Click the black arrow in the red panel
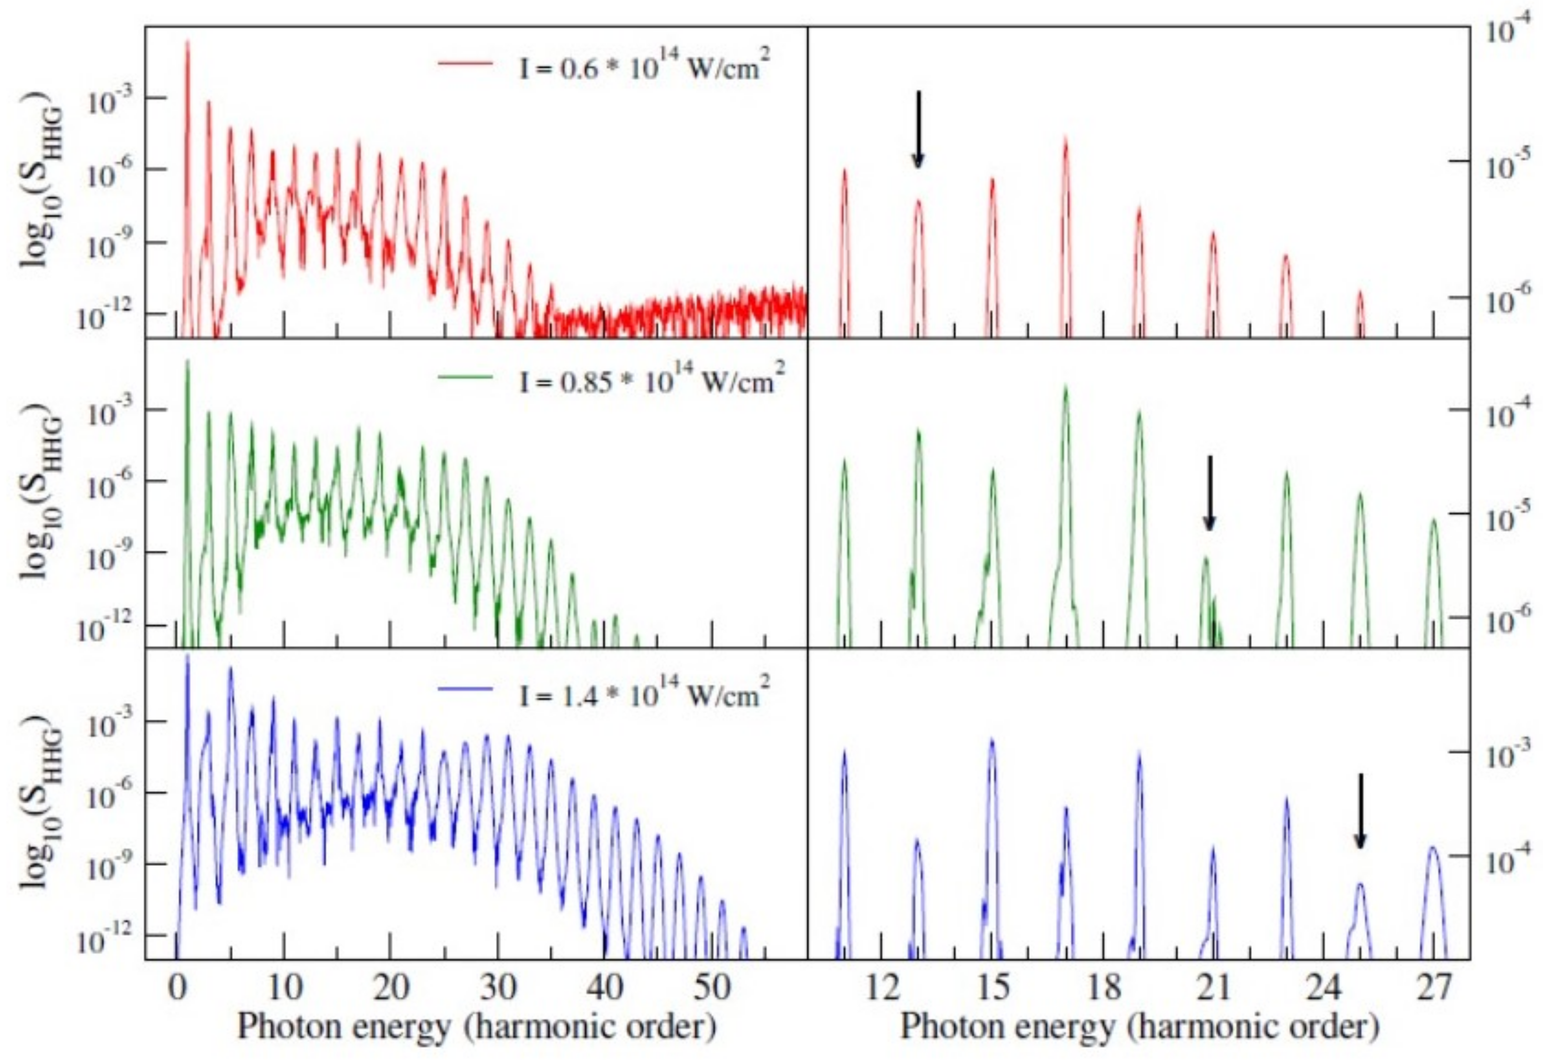click(x=918, y=130)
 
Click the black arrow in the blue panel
click(x=1360, y=811)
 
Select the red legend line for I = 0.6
click(x=466, y=63)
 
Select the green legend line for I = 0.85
click(x=466, y=377)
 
